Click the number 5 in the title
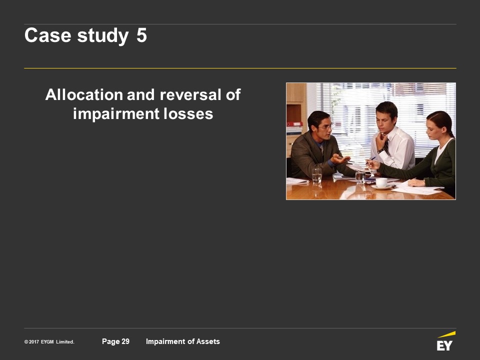coord(141,35)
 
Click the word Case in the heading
coord(48,35)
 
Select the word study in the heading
coord(103,36)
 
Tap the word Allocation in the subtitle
coord(84,94)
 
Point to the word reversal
coord(190,94)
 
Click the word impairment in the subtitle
coord(116,114)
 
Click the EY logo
coord(445,341)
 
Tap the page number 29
coord(125,341)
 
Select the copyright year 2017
coord(34,342)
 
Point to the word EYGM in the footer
coord(47,342)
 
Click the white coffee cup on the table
coord(381,182)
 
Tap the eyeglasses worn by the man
coord(327,126)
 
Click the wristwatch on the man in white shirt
coord(380,150)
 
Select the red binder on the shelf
coord(294,124)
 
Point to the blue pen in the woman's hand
coord(370,160)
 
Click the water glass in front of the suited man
coord(316,175)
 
